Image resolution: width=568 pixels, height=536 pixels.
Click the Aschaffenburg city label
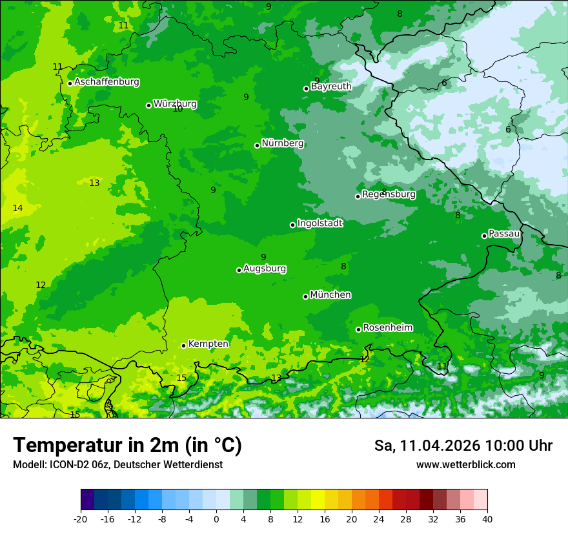(x=107, y=82)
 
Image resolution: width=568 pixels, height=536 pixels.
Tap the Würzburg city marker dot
(x=148, y=105)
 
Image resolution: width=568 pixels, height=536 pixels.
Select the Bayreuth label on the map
(x=331, y=86)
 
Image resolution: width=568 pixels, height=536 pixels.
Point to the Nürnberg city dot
(x=257, y=145)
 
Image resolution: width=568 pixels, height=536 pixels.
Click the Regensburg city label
(x=389, y=194)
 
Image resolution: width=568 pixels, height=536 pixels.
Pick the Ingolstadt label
(x=319, y=223)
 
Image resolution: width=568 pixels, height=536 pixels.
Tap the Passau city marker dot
(x=484, y=236)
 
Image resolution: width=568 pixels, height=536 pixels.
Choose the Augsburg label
(x=265, y=269)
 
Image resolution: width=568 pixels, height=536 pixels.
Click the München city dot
(x=305, y=296)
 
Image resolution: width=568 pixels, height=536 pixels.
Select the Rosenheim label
(x=387, y=327)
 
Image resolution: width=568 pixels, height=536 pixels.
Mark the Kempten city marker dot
(x=183, y=345)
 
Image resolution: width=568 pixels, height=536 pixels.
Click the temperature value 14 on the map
(x=17, y=208)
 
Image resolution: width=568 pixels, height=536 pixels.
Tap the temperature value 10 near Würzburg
(x=177, y=109)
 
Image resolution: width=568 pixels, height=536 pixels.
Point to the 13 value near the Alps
(x=276, y=378)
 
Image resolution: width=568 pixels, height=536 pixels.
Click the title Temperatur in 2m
(x=127, y=446)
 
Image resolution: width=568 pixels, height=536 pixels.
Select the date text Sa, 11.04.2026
(x=427, y=446)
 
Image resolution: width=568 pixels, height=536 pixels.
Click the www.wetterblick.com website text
(x=465, y=464)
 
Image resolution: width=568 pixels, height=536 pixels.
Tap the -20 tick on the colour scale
(x=81, y=519)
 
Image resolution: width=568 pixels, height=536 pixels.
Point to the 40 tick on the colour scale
(x=487, y=519)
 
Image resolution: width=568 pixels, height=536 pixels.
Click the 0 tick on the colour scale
(x=216, y=519)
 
